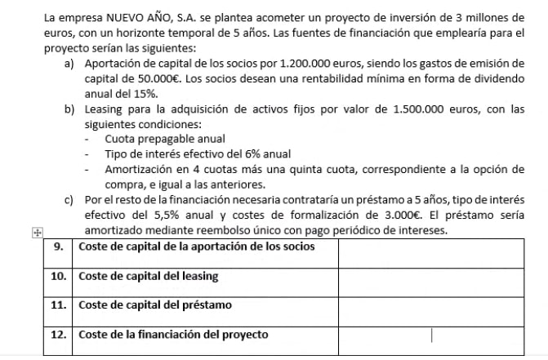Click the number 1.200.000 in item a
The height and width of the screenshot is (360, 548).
click(x=305, y=63)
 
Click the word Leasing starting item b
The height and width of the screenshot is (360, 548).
click(x=105, y=109)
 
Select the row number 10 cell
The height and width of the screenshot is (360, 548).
click(x=59, y=277)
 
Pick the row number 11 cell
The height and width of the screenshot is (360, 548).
click(x=59, y=305)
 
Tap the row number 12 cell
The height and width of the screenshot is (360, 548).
click(x=59, y=335)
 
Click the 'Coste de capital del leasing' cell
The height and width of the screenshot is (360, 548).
click(x=149, y=277)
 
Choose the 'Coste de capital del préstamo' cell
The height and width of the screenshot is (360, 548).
click(x=156, y=305)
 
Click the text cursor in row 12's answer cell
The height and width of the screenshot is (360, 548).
click(x=431, y=336)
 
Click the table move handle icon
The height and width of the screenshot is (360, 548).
click(x=35, y=232)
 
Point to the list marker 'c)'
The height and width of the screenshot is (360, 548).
click(x=70, y=200)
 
